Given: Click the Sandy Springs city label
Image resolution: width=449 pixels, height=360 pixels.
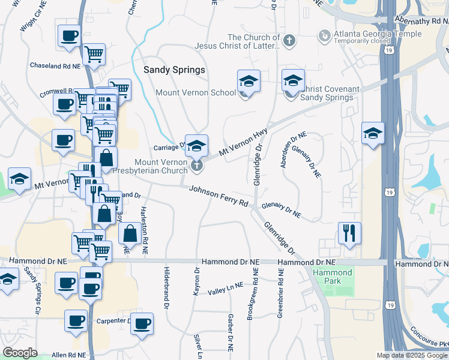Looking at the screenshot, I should [x=174, y=70].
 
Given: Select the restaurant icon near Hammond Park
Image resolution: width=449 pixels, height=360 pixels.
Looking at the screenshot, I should [x=349, y=232].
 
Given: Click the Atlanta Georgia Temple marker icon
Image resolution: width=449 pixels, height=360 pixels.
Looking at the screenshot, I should [x=324, y=35].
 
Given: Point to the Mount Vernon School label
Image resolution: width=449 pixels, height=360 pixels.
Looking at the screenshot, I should [x=196, y=93].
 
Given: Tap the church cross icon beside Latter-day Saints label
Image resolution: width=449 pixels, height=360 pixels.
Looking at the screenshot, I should [x=289, y=41].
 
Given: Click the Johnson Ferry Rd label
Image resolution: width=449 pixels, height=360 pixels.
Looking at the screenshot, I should [x=218, y=196].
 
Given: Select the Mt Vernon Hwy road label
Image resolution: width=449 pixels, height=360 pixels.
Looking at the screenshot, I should [x=243, y=144].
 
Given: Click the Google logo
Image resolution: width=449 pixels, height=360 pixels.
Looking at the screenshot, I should [x=20, y=352].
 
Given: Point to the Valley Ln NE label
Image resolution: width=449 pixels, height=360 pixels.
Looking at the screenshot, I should [x=226, y=289].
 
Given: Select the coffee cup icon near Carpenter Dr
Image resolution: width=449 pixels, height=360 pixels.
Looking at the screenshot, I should [x=142, y=323].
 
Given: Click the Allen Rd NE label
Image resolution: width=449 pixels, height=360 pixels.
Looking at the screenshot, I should [x=69, y=355].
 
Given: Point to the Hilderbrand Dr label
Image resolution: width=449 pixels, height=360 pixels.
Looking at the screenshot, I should [x=166, y=288].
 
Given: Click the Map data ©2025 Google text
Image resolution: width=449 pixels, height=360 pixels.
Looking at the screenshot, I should [x=411, y=355].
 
